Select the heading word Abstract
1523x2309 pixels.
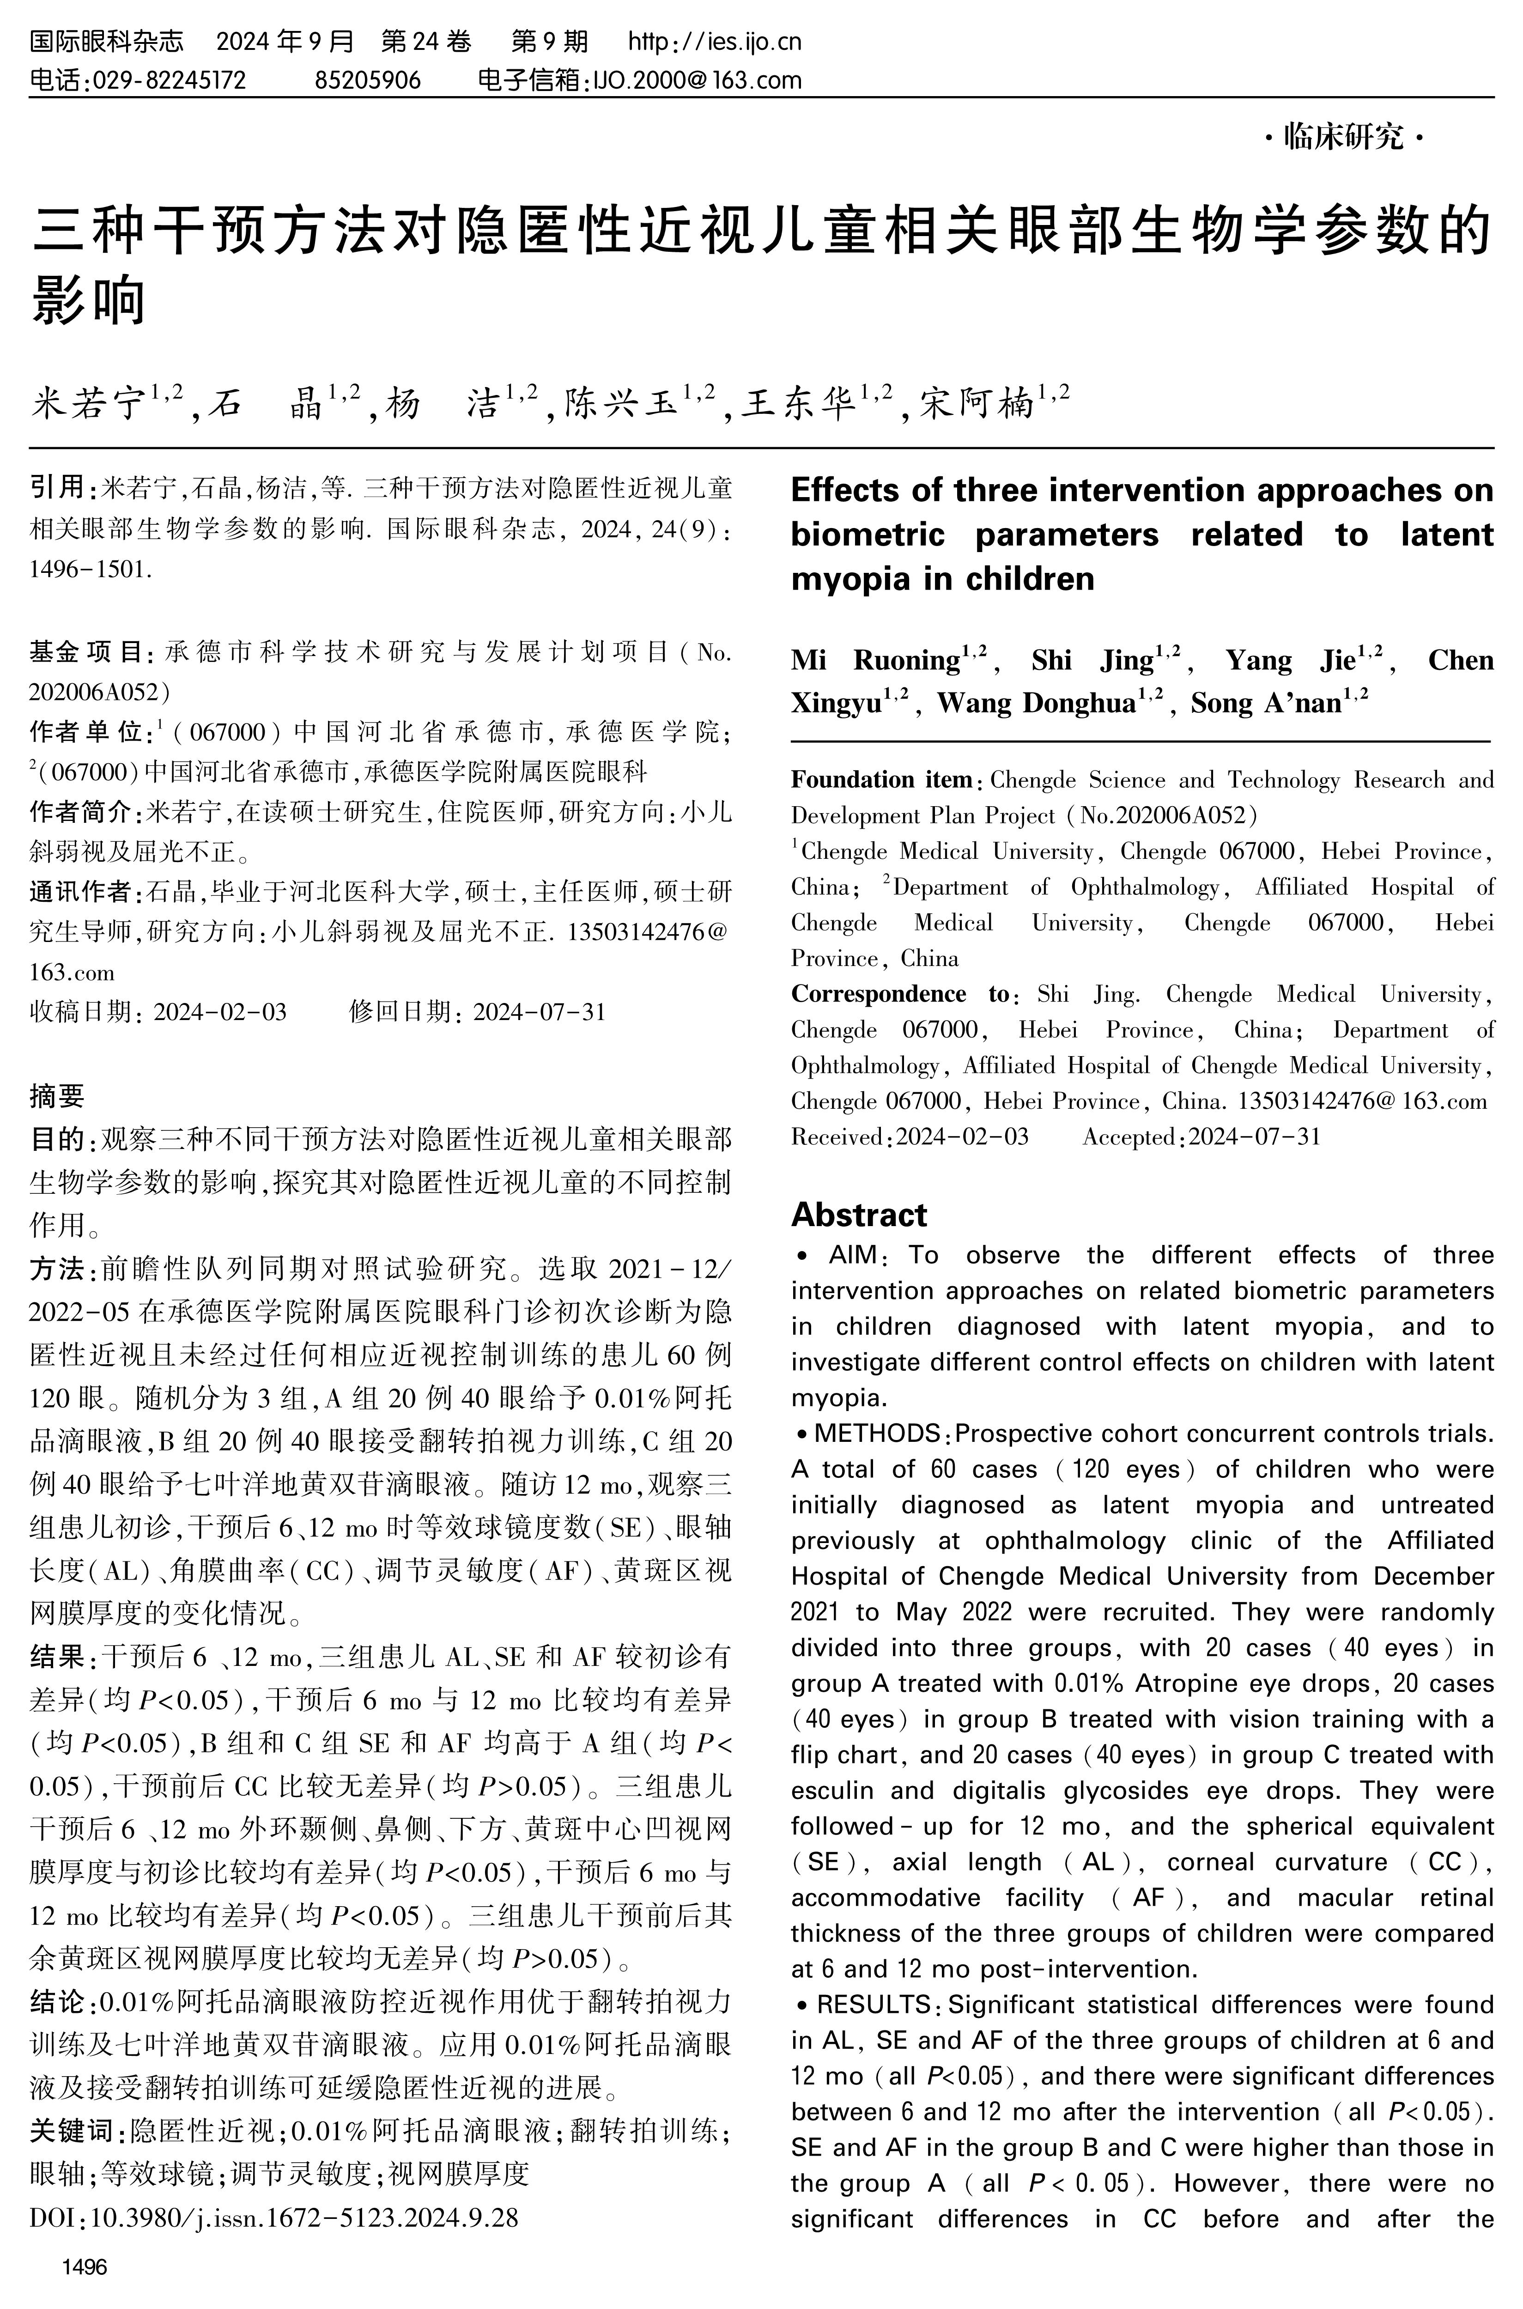point(859,1215)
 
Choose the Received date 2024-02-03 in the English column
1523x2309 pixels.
point(962,1136)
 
